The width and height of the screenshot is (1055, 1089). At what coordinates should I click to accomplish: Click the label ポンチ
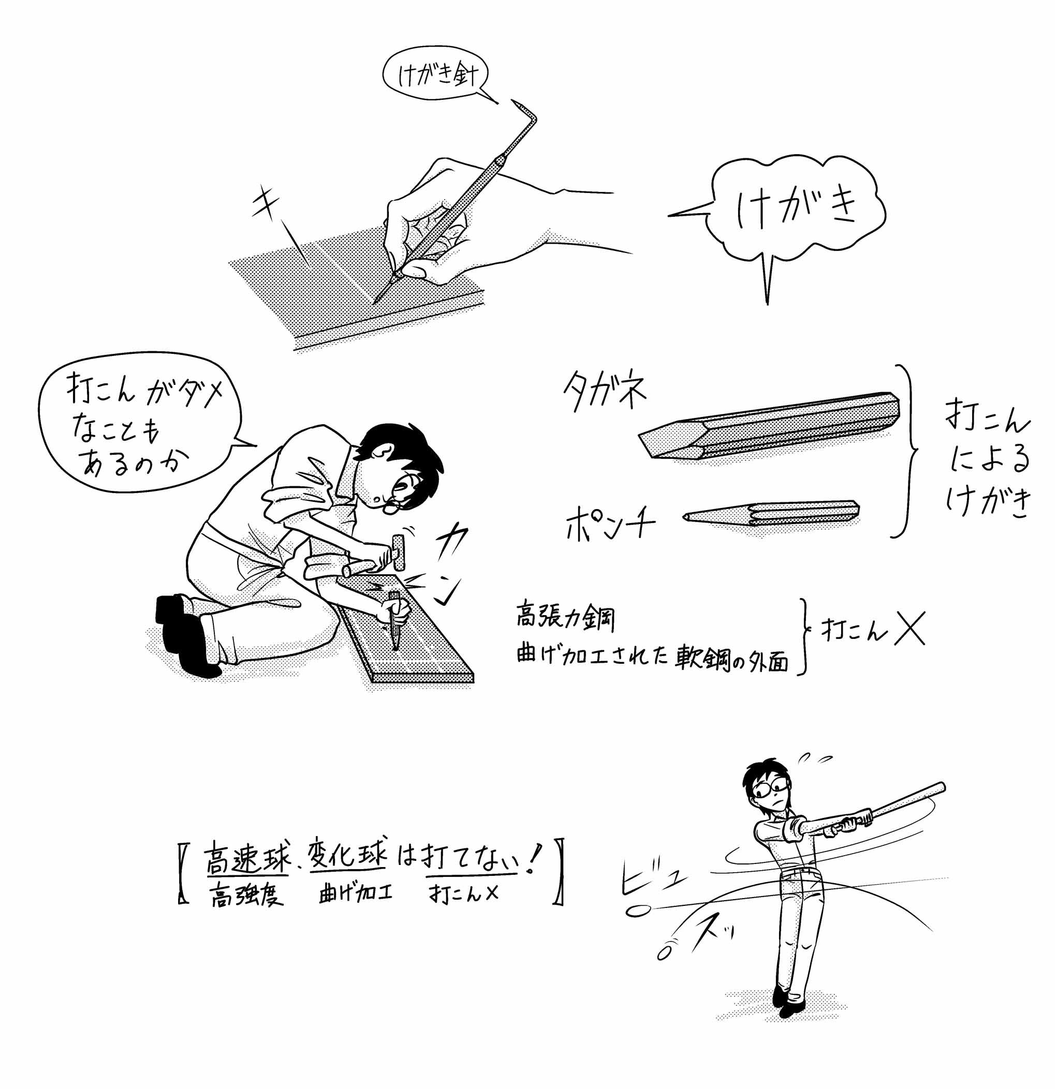click(x=610, y=523)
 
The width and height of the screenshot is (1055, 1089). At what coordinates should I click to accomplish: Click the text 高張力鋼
click(x=565, y=616)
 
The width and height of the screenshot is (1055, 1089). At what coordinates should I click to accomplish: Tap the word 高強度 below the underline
click(x=246, y=894)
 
